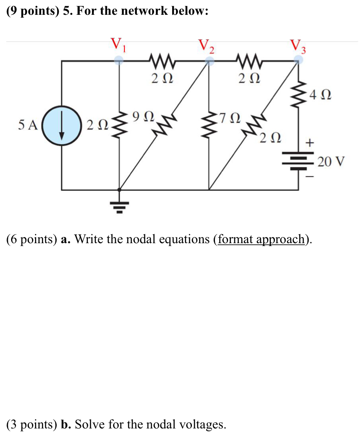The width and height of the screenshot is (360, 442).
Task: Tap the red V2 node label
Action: (x=206, y=46)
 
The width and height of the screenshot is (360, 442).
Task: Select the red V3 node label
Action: (x=298, y=46)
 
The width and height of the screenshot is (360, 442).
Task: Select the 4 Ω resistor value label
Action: (x=321, y=96)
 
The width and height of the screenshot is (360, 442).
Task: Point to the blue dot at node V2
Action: (x=210, y=61)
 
